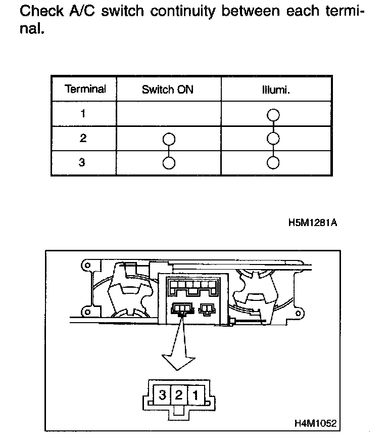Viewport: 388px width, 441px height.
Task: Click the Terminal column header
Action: pos(85,89)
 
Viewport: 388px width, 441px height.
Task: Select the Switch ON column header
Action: pos(168,90)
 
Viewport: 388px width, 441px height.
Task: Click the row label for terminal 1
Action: pos(83,113)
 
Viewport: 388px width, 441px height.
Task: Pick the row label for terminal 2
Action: pos(83,138)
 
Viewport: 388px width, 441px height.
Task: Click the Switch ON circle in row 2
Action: pos(169,139)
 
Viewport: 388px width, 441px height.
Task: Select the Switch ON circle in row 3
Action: pos(169,162)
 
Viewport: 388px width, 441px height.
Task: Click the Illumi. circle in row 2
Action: pos(273,139)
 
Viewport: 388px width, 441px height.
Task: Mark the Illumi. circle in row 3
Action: pos(273,162)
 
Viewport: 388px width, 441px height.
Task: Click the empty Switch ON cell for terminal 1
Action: pos(169,113)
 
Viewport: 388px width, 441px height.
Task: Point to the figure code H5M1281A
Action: pos(313,223)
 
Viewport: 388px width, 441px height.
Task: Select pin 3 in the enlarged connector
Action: pos(162,394)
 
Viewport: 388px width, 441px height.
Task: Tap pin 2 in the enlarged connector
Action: pos(178,394)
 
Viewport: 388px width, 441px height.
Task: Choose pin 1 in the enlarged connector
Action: pos(195,394)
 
